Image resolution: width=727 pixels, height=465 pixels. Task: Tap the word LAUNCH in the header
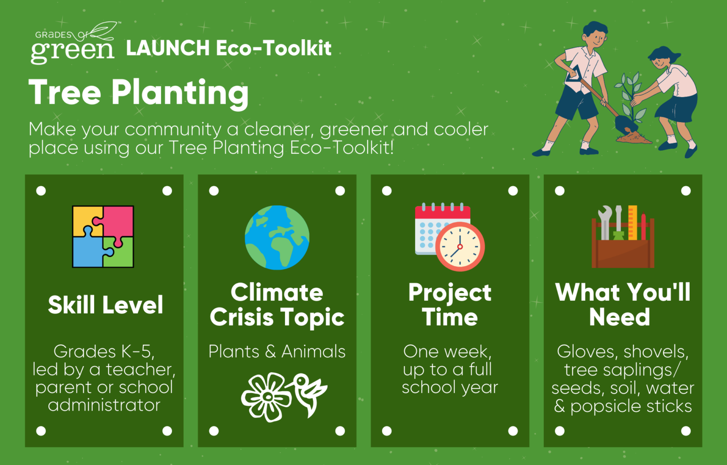coord(168,48)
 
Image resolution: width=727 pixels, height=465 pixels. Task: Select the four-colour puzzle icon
coord(103,236)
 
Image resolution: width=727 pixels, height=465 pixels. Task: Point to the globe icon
coord(277,237)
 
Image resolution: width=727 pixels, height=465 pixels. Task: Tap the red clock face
coord(460,247)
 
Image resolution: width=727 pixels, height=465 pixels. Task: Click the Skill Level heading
coord(106,304)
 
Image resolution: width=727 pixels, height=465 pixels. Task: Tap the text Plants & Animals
coord(277,351)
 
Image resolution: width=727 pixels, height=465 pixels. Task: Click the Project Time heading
coord(450,304)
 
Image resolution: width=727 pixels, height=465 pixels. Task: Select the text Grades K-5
coord(104,351)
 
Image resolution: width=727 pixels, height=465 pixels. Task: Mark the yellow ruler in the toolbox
coord(632,223)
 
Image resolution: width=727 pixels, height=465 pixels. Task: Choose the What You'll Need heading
coord(622,304)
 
